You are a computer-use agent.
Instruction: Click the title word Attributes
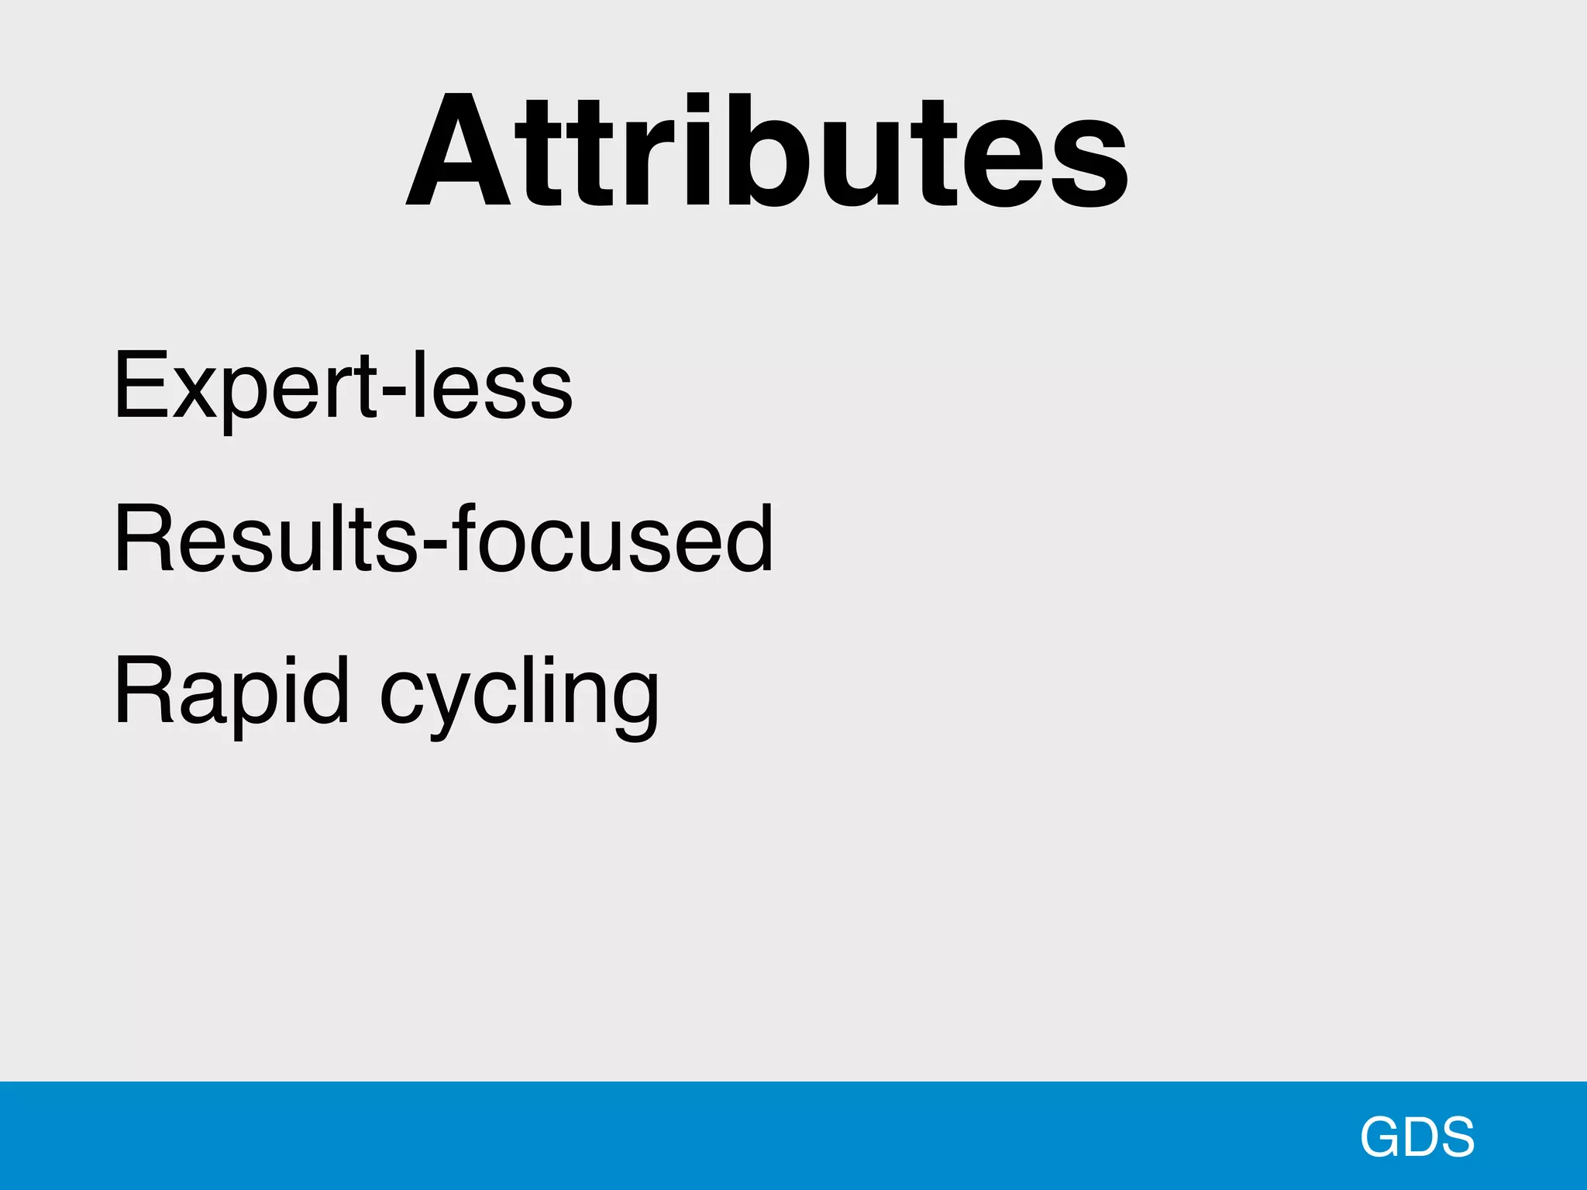(767, 151)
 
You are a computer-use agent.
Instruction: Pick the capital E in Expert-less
(140, 385)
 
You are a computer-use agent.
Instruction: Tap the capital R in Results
(144, 538)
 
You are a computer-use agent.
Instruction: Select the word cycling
(519, 693)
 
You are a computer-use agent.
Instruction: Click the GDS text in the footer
(1417, 1137)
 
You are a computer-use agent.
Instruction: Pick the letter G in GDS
(1382, 1137)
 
